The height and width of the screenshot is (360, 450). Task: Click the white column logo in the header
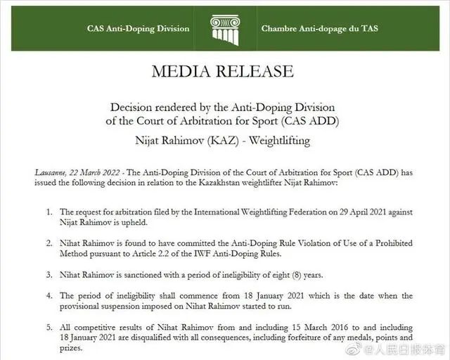tap(225, 27)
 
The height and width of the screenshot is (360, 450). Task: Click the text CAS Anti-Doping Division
tap(138, 29)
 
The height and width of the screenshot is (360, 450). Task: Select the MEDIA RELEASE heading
tap(224, 71)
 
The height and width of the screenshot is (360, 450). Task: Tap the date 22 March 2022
tap(95, 172)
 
